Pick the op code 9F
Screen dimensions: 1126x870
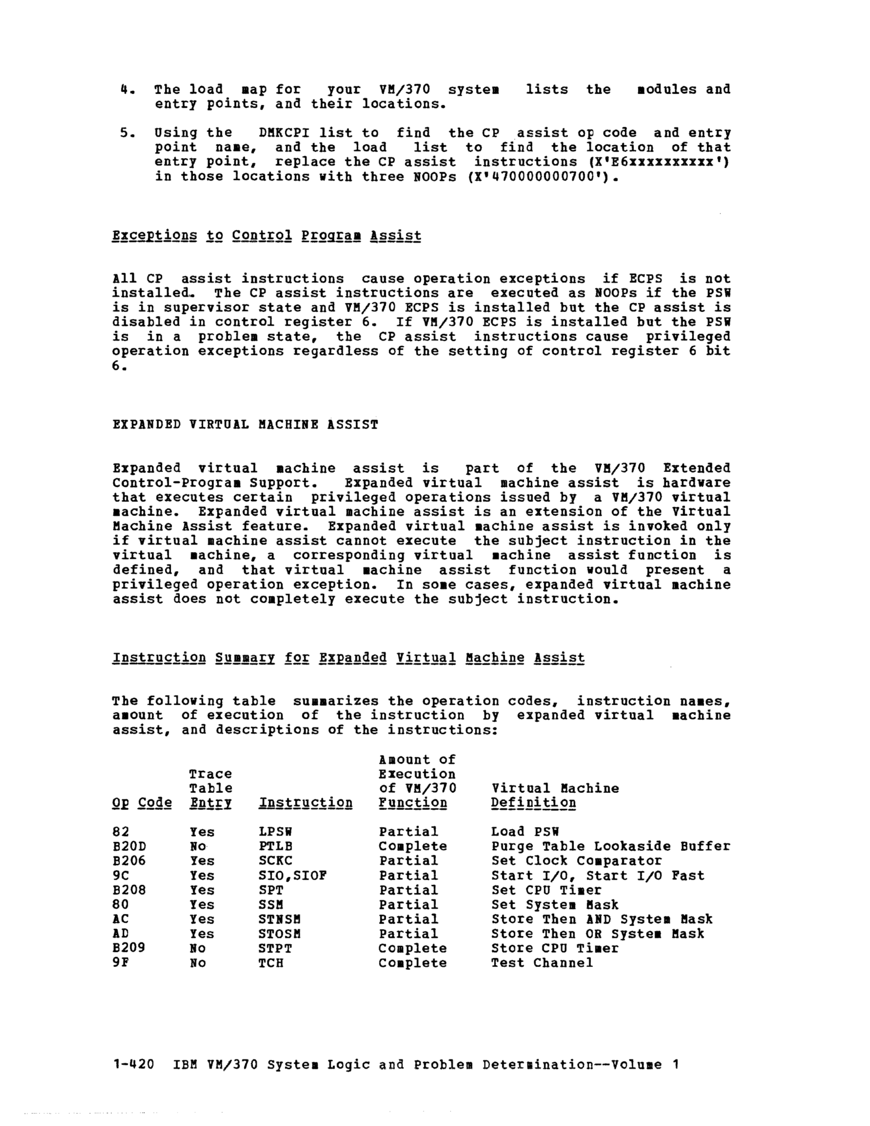120,963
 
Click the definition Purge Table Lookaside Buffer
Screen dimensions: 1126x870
610,847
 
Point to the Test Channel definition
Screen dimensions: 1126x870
541,963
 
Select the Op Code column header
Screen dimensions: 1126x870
142,803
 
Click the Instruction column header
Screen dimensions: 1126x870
305,803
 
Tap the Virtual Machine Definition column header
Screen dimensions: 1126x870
554,795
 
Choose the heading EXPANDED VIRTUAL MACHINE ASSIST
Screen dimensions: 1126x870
245,425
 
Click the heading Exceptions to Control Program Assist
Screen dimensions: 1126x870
266,236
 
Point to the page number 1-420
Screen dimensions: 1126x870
133,1065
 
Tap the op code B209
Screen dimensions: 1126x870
129,948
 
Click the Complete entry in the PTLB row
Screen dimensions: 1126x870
413,847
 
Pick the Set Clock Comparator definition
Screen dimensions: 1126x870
576,861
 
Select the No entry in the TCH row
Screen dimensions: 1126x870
198,963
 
